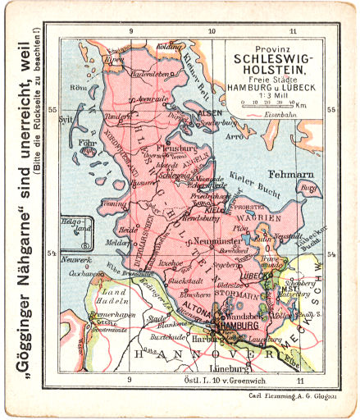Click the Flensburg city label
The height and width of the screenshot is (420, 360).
point(178,148)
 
